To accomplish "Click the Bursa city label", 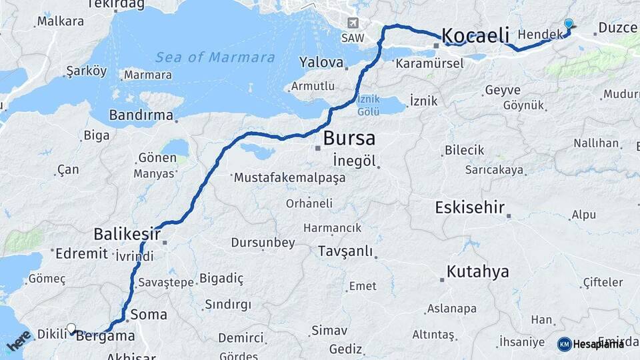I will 349,139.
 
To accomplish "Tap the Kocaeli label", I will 475,35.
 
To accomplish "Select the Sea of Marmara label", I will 215,57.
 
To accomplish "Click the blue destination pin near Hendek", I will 568,25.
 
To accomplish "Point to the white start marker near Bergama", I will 71,328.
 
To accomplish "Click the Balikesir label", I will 127,234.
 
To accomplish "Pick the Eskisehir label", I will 469,207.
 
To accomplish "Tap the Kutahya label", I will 477,271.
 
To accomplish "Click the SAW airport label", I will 353,37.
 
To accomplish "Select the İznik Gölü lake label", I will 369,105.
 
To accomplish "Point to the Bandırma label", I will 141,115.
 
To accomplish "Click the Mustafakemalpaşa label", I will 289,178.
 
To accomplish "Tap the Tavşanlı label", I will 345,251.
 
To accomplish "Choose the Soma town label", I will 149,313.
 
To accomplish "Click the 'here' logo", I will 19,341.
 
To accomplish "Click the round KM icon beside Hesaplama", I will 564,344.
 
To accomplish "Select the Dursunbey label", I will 263,243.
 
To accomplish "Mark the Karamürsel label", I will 429,64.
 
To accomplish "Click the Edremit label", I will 81,253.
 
